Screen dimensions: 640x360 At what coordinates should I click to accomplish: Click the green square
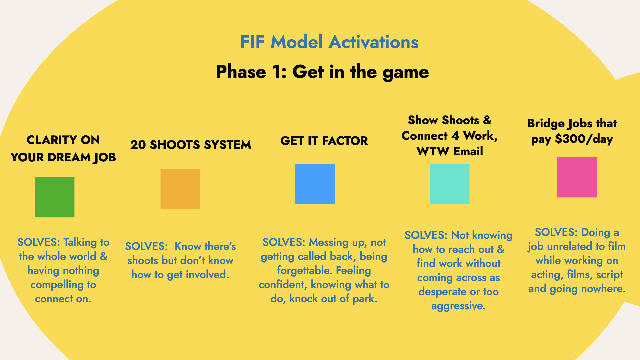point(55,197)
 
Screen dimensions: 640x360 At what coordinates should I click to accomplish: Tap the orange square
point(180,189)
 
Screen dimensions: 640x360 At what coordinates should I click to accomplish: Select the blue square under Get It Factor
point(315,184)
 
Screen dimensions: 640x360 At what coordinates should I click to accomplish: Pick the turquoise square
point(450,184)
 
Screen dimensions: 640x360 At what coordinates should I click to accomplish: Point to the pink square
point(577,177)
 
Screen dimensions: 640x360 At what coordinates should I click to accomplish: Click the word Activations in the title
point(373,42)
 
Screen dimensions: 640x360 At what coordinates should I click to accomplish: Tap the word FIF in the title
point(252,42)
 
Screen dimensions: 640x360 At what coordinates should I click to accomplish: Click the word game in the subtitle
point(406,72)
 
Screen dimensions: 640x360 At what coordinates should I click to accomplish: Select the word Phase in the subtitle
point(241,72)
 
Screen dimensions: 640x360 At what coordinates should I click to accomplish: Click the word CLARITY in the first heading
point(52,140)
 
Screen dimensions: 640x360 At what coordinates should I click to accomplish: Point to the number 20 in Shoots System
point(138,145)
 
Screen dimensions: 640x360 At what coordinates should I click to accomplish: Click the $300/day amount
point(584,139)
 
